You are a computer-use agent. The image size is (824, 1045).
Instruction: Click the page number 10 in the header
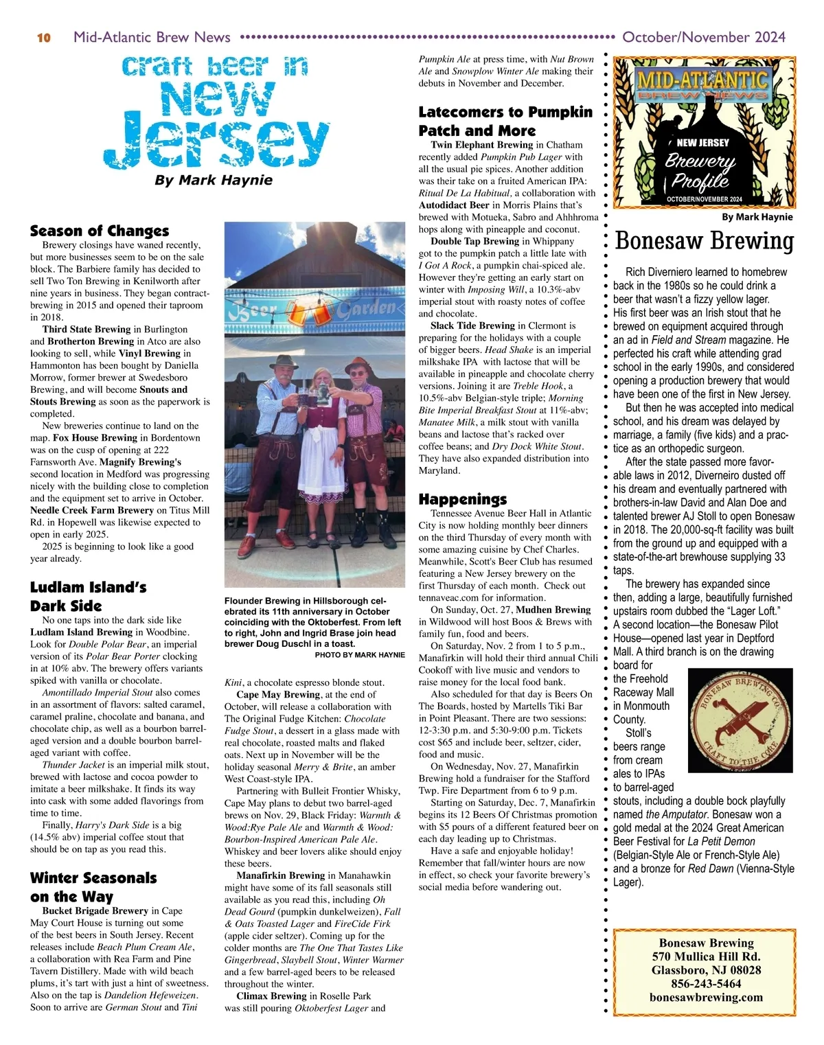click(x=43, y=38)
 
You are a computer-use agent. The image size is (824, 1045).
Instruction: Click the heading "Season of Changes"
click(x=99, y=231)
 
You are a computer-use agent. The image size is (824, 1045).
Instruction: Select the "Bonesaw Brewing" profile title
click(x=704, y=241)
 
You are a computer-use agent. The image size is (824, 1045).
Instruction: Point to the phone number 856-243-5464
click(x=706, y=984)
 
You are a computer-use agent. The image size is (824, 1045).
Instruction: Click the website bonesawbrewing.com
click(x=706, y=998)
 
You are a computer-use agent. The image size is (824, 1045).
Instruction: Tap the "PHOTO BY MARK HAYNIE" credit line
click(x=360, y=655)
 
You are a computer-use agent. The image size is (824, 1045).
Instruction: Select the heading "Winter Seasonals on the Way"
click(x=93, y=887)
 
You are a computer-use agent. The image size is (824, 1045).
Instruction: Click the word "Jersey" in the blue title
click(x=217, y=145)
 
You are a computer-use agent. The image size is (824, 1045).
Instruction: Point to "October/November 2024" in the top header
click(x=703, y=37)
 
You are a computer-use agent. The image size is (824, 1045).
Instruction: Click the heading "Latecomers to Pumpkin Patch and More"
click(x=505, y=121)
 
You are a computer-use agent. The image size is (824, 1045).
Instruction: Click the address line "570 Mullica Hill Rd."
click(x=706, y=956)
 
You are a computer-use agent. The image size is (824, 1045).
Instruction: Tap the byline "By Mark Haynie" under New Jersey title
click(x=214, y=181)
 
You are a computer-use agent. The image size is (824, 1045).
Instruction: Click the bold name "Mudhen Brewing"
click(x=553, y=610)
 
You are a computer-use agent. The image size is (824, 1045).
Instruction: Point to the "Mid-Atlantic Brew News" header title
click(x=152, y=37)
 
